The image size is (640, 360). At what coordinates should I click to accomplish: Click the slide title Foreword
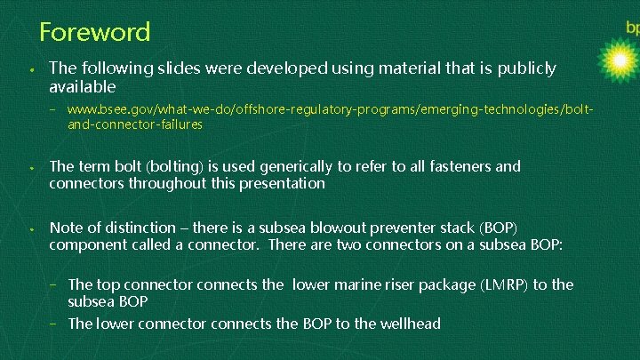pos(95,33)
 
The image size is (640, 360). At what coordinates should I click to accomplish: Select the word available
pos(83,87)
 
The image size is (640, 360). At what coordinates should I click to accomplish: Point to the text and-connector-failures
pos(135,124)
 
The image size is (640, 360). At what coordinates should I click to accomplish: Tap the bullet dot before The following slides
pos(30,68)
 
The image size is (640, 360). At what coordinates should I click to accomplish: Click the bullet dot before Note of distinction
pos(30,228)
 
